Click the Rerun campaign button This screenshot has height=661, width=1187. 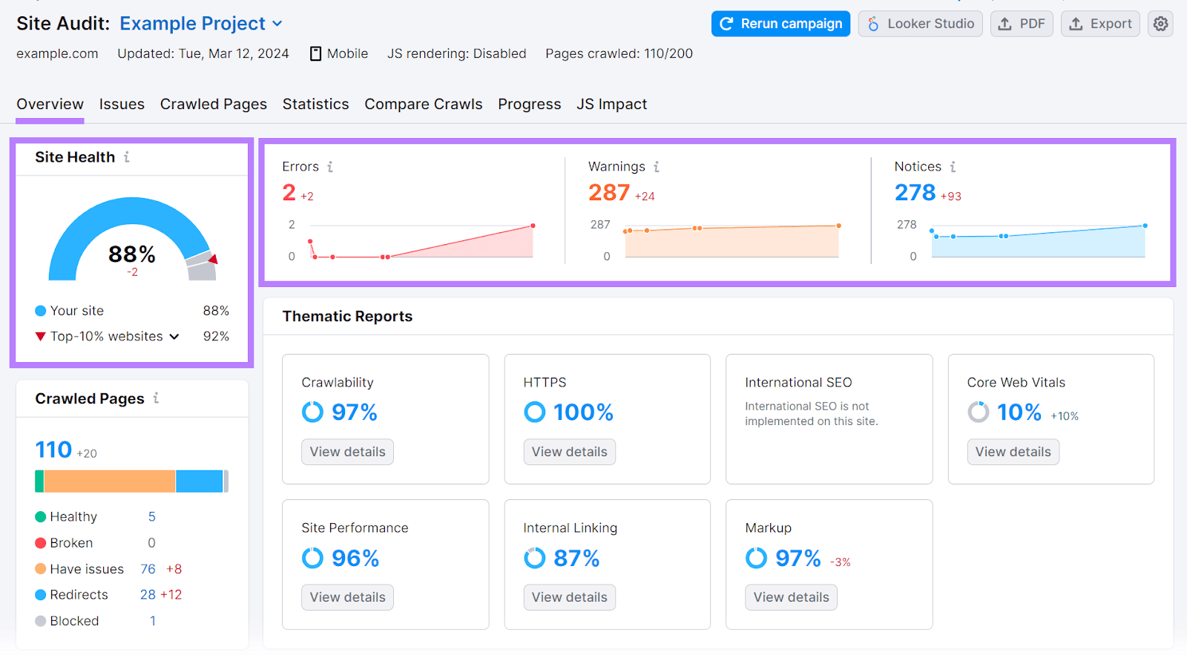pyautogui.click(x=780, y=24)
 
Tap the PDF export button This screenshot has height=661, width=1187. pyautogui.click(x=1022, y=24)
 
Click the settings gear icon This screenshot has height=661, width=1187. pyautogui.click(x=1160, y=24)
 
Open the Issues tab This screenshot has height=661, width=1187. pyautogui.click(x=122, y=105)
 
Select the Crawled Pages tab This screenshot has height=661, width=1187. pyautogui.click(x=214, y=105)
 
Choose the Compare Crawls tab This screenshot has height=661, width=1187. pyautogui.click(x=423, y=105)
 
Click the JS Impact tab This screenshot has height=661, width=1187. pyautogui.click(x=611, y=105)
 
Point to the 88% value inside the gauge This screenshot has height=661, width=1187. pyautogui.click(x=132, y=254)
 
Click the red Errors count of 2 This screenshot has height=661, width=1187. pyautogui.click(x=289, y=193)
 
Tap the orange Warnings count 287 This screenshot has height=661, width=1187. pyautogui.click(x=608, y=193)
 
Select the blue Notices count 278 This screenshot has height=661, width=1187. pyautogui.click(x=915, y=193)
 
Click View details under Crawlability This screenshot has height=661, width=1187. pyautogui.click(x=347, y=452)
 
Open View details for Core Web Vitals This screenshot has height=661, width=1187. pyautogui.click(x=1013, y=452)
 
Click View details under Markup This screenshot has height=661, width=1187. pyautogui.click(x=791, y=597)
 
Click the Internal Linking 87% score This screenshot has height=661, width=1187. pyautogui.click(x=576, y=558)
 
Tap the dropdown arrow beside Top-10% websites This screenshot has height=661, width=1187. pyautogui.click(x=174, y=337)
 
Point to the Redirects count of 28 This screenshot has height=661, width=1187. pyautogui.click(x=148, y=595)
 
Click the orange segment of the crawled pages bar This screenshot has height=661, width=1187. pyautogui.click(x=110, y=481)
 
